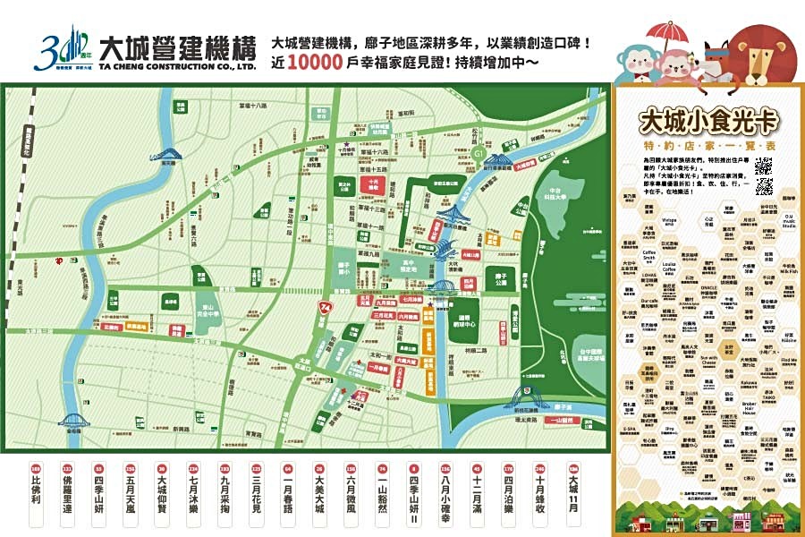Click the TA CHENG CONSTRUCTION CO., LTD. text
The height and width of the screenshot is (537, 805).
[171, 65]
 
